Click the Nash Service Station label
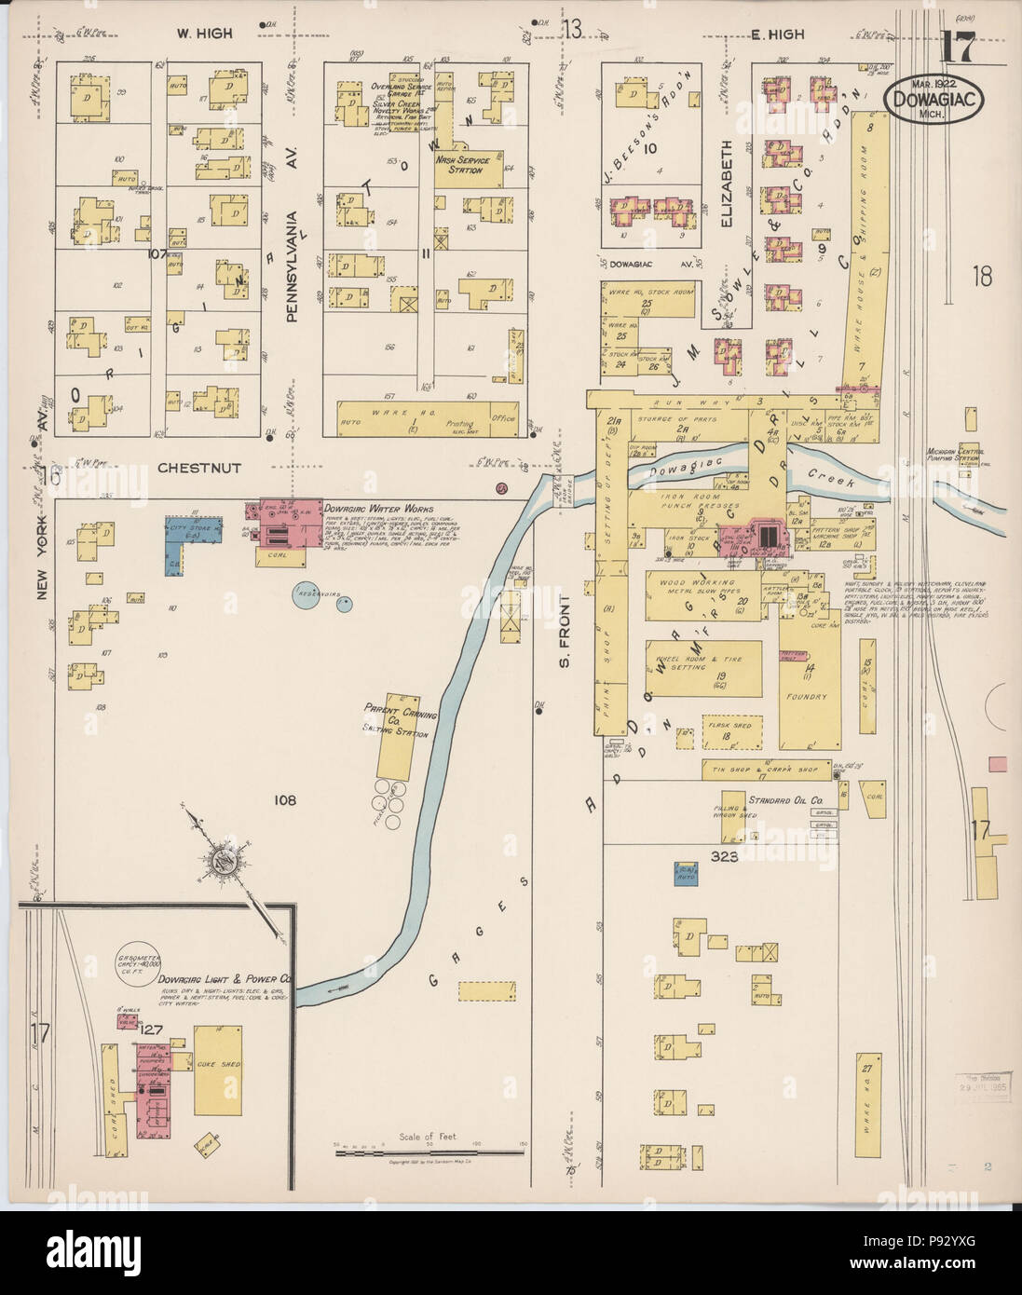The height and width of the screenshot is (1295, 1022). point(463,164)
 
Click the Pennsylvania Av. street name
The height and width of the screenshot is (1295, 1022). point(291,265)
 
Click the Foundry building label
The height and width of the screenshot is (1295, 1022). point(806,696)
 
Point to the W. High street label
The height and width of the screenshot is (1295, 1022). point(204,34)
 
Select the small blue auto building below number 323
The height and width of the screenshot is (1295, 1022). point(688,873)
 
